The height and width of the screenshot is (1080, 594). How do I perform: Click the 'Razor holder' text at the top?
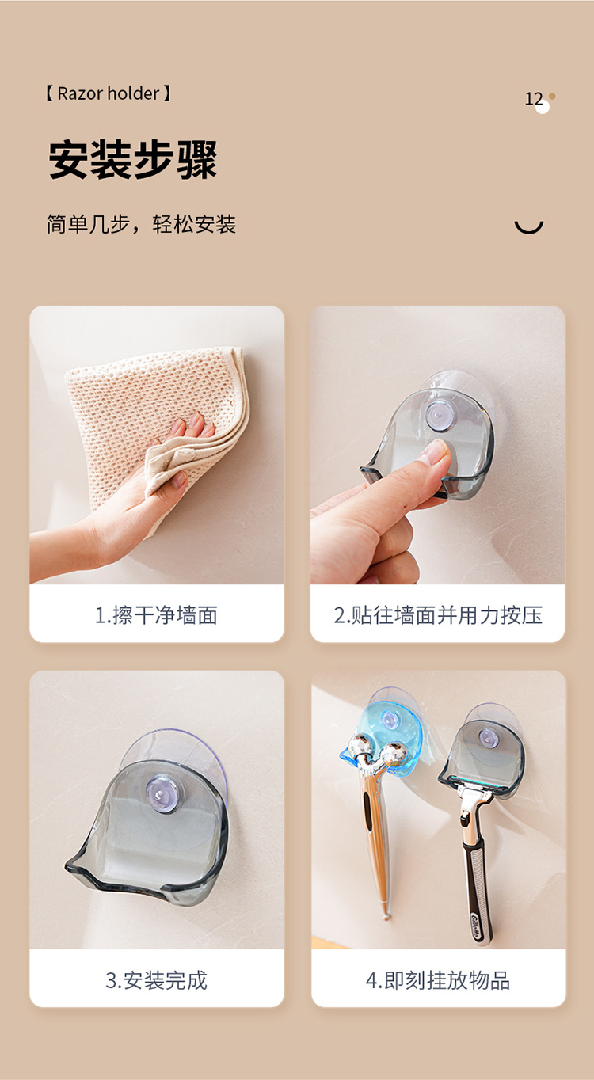click(108, 93)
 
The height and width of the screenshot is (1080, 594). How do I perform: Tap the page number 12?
click(534, 99)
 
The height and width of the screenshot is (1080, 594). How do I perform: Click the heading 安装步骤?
click(133, 160)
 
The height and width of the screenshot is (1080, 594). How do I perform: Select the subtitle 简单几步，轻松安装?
click(141, 224)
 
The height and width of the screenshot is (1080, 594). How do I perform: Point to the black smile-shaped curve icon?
click(529, 228)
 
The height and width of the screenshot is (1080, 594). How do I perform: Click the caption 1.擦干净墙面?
click(156, 615)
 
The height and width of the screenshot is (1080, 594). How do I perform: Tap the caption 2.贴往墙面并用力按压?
click(438, 615)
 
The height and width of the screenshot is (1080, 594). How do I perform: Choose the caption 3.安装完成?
click(156, 981)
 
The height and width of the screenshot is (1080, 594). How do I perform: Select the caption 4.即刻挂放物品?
click(438, 981)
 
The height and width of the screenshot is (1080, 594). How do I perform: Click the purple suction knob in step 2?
click(438, 415)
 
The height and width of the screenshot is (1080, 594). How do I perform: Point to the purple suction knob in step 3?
click(165, 793)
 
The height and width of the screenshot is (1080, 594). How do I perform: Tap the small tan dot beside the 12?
click(552, 97)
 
